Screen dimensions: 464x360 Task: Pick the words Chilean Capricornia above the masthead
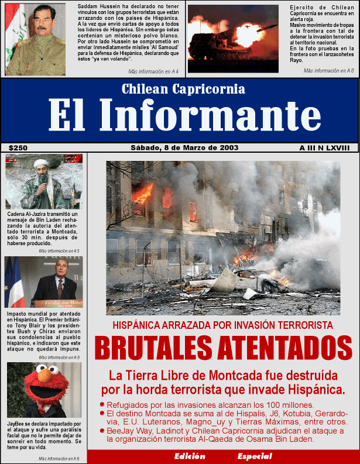click(183, 89)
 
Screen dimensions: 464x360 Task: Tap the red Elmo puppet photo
click(44, 389)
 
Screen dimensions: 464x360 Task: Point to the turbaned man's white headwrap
click(42, 163)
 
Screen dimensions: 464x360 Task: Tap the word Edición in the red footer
click(190, 456)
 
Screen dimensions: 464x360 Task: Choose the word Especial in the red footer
click(255, 456)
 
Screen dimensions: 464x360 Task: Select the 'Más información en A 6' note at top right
click(328, 70)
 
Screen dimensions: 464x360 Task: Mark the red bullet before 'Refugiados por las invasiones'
click(102, 404)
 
